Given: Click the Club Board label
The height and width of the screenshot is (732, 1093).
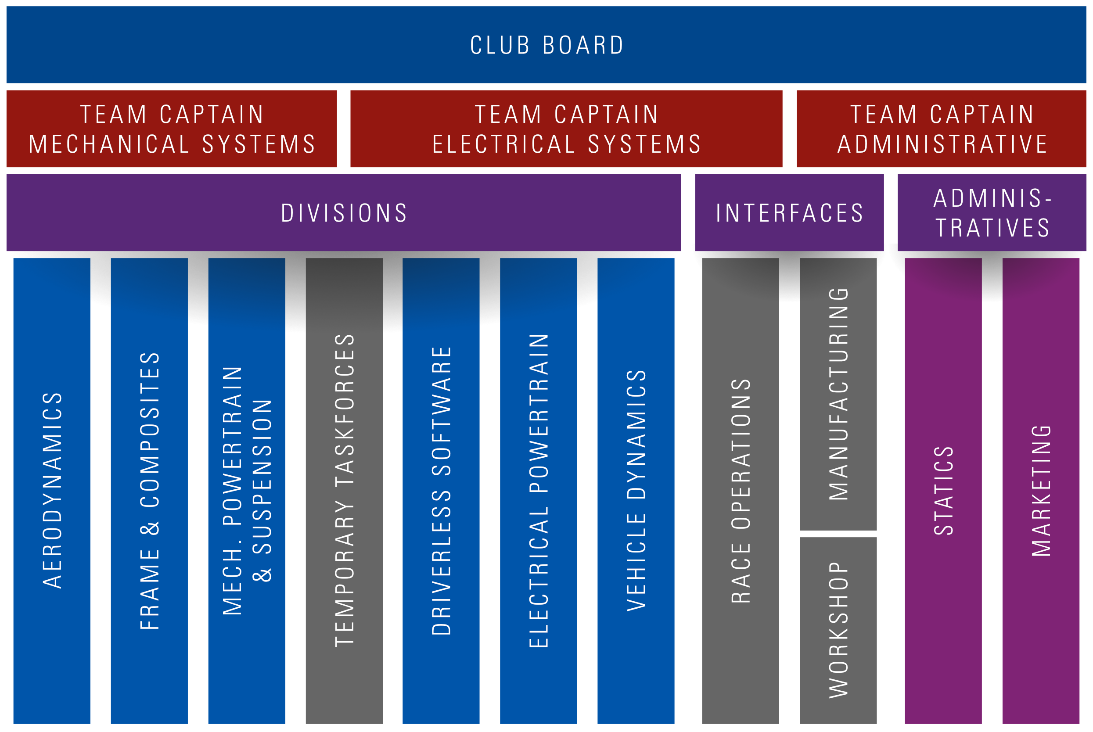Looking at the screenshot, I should click(546, 45).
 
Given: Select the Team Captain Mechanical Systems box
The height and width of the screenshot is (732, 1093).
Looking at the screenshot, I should click(172, 129).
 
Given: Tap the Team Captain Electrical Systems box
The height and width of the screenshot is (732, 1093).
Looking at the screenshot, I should click(566, 129).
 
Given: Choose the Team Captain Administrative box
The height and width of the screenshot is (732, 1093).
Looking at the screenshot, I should click(941, 129).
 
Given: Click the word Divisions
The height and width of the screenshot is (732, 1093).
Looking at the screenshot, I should click(344, 213).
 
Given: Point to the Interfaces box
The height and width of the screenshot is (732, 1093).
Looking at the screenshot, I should click(789, 213).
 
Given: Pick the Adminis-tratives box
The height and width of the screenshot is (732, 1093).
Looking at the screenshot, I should click(991, 213).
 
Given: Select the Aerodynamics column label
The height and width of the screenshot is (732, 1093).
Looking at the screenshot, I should click(52, 490).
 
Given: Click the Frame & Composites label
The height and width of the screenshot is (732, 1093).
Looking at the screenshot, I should click(150, 490).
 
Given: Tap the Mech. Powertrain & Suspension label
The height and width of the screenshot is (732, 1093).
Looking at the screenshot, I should click(247, 490).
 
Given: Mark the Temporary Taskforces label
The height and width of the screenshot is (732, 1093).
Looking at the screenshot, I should click(345, 490).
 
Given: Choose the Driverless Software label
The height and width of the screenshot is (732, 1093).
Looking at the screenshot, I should click(441, 490).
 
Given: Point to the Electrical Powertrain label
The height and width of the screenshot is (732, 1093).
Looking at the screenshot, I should click(538, 490).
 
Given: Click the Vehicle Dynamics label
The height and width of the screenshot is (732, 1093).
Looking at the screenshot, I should click(636, 490).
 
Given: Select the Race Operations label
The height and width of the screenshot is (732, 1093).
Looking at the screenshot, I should click(741, 490).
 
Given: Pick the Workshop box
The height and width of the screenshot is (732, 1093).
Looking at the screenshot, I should click(838, 630).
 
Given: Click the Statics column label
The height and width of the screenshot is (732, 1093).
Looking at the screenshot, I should click(943, 490).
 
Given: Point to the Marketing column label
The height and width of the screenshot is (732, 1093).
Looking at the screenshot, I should click(1041, 490).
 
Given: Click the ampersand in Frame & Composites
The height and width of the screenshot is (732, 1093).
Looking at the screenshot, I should click(150, 528).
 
